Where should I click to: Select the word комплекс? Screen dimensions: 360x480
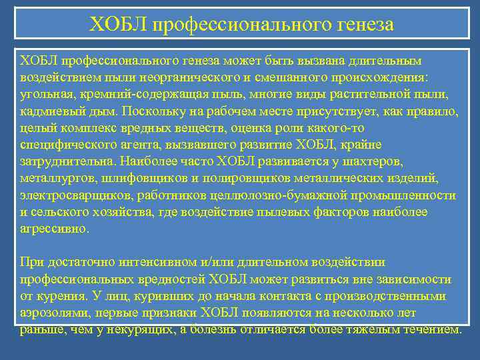click(81, 126)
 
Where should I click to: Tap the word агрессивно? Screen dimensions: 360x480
click(53, 227)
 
